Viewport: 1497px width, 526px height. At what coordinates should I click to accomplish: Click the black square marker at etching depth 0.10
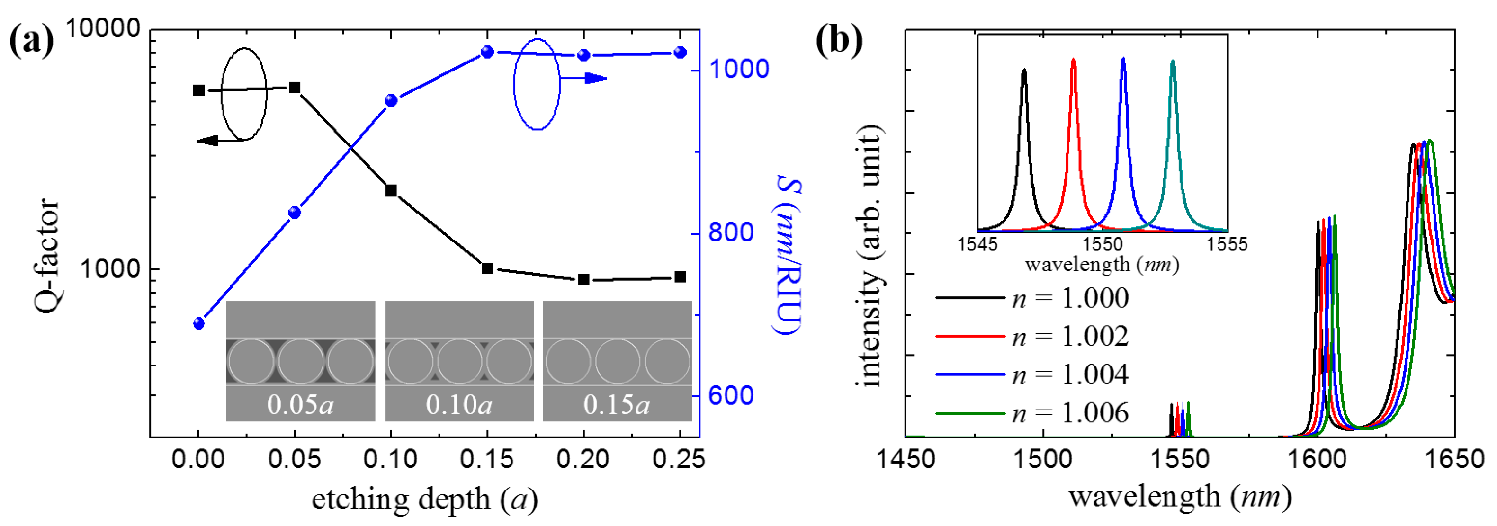pyautogui.click(x=391, y=191)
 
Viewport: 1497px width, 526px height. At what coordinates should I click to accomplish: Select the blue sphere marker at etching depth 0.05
pyautogui.click(x=295, y=213)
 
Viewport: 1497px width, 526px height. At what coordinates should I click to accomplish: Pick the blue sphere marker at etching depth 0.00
pyautogui.click(x=199, y=324)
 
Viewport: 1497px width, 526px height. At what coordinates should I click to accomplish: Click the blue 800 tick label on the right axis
pyautogui.click(x=730, y=233)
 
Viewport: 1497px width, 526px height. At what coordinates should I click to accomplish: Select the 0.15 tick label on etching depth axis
pyautogui.click(x=487, y=460)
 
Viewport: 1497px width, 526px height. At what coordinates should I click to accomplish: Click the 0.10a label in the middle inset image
pyautogui.click(x=459, y=404)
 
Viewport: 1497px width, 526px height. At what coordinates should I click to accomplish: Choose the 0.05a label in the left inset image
pyautogui.click(x=300, y=404)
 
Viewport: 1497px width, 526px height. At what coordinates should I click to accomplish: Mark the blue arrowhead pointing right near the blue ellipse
pyautogui.click(x=596, y=78)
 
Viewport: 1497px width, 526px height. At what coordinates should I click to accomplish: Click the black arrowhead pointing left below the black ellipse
pyautogui.click(x=206, y=141)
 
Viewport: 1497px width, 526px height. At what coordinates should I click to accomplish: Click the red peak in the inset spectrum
pyautogui.click(x=1073, y=61)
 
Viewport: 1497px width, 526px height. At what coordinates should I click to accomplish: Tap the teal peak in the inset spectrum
pyautogui.click(x=1173, y=62)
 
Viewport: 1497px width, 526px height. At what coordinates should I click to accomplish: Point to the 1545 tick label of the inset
pyautogui.click(x=977, y=244)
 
